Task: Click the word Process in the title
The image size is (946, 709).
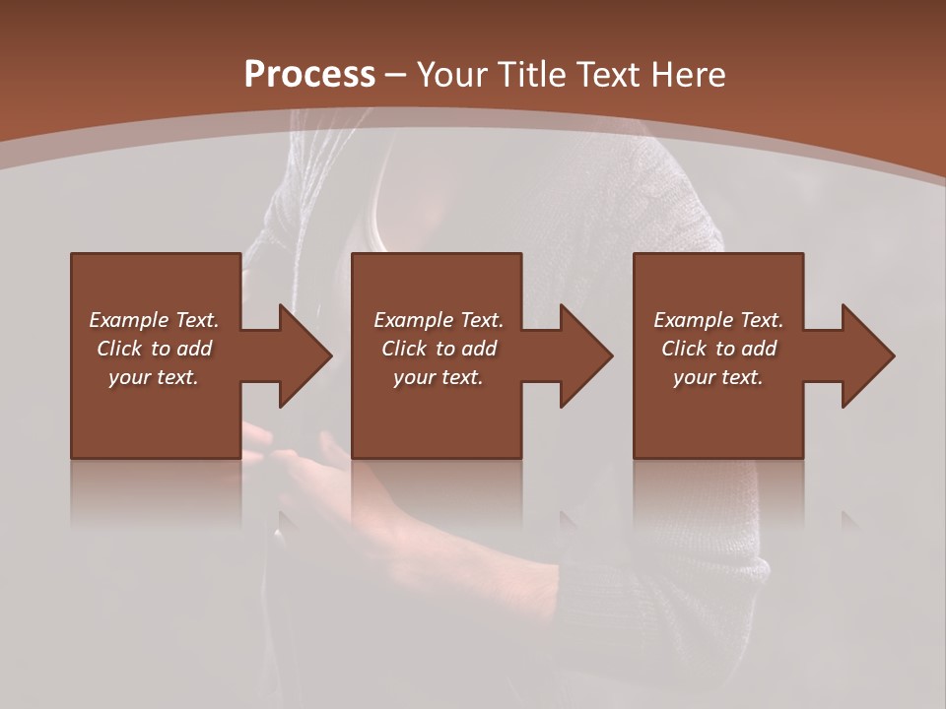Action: [x=309, y=75]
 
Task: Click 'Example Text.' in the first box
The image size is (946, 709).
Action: [x=154, y=320]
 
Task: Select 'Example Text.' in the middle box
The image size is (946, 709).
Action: [x=439, y=320]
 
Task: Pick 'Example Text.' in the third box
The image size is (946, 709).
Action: [x=718, y=320]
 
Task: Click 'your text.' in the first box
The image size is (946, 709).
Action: [x=154, y=377]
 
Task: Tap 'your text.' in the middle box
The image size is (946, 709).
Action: [x=439, y=377]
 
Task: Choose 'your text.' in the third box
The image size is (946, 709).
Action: [x=718, y=377]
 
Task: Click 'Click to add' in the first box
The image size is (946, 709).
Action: [x=154, y=349]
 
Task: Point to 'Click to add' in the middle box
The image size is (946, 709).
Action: [x=439, y=349]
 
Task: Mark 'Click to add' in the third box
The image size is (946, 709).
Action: [x=718, y=349]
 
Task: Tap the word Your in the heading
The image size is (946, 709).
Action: [x=452, y=75]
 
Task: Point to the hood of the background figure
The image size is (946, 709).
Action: [x=325, y=177]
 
